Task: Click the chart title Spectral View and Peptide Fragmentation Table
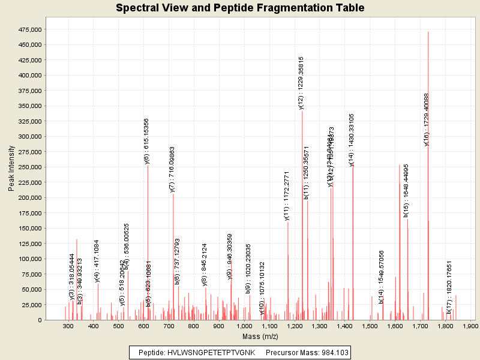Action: pos(240,8)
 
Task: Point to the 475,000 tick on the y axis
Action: pos(27,29)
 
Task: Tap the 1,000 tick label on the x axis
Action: pos(244,326)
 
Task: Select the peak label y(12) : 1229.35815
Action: pos(301,82)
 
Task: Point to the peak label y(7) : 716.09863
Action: pos(172,169)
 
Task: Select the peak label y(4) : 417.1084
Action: pos(97,261)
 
